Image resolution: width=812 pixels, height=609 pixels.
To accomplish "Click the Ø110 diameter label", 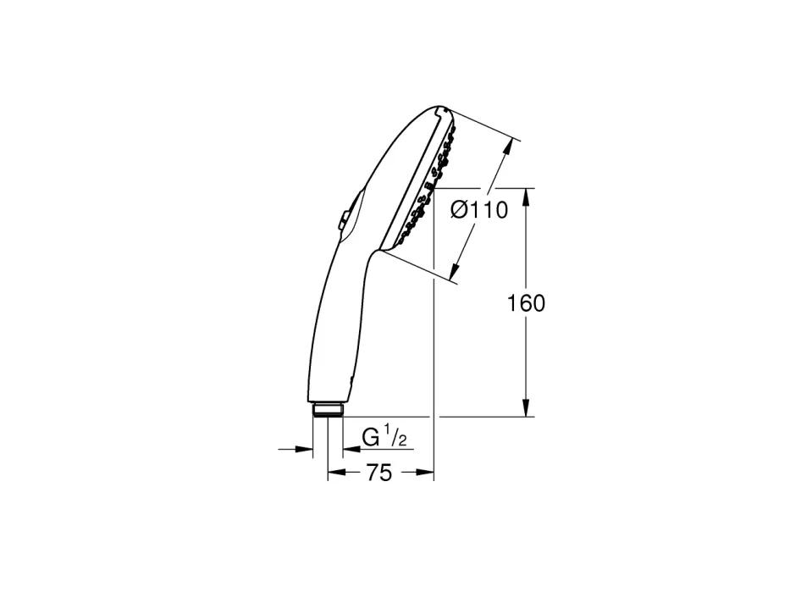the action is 479,210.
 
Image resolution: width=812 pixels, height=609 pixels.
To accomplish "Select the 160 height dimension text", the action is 526,303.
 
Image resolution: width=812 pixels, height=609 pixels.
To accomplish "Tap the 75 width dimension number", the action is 379,473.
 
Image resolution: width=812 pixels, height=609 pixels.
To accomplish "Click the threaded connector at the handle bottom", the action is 328,409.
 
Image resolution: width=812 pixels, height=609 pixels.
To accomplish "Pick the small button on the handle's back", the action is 343,219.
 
